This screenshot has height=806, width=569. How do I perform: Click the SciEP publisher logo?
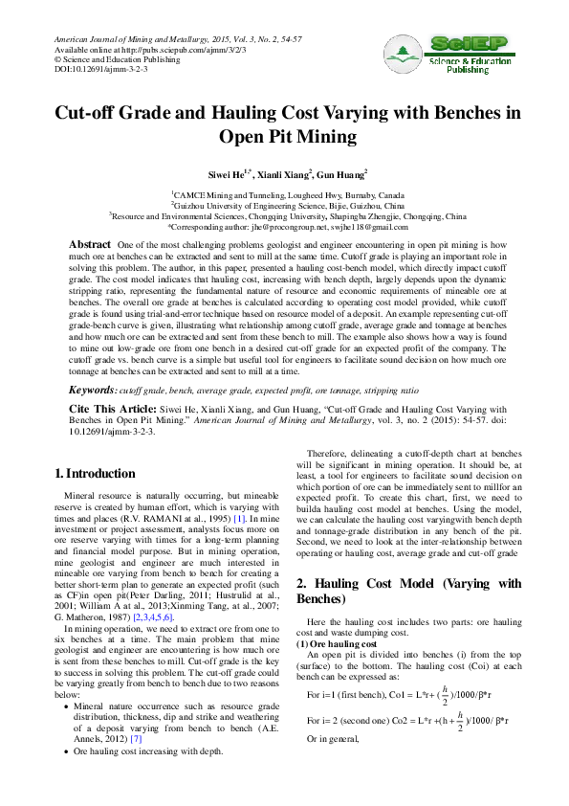click(x=455, y=54)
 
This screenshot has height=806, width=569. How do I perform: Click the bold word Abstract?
click(x=89, y=245)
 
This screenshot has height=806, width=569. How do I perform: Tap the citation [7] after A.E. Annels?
click(x=137, y=739)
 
